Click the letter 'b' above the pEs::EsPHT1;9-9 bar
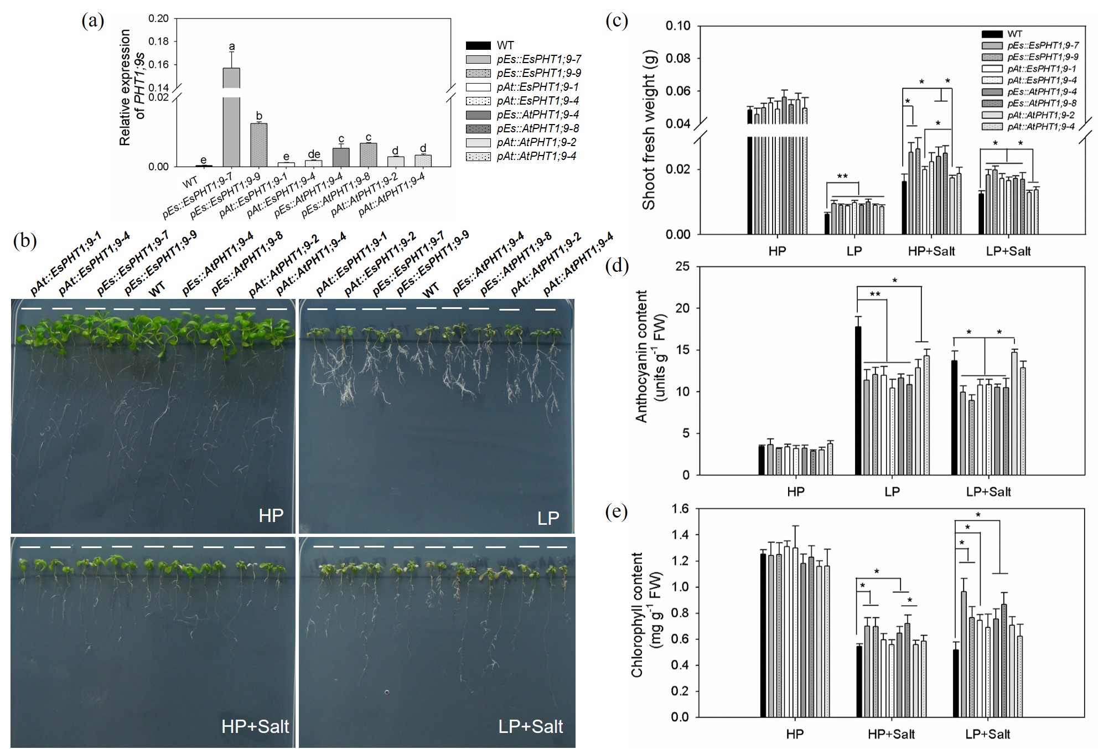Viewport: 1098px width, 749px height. [259, 116]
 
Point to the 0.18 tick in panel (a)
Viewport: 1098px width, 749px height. [159, 42]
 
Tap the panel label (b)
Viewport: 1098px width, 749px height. [25, 241]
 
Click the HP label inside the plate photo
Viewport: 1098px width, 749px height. [271, 515]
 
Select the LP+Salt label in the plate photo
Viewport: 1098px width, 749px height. [530, 726]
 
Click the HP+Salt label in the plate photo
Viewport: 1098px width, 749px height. [255, 726]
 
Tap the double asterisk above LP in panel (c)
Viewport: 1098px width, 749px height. [842, 177]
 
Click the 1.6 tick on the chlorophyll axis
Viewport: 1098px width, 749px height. [680, 509]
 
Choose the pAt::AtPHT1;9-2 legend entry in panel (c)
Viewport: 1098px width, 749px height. [1040, 115]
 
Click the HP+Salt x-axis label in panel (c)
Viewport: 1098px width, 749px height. [931, 251]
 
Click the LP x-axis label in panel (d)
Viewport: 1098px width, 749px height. [892, 492]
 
